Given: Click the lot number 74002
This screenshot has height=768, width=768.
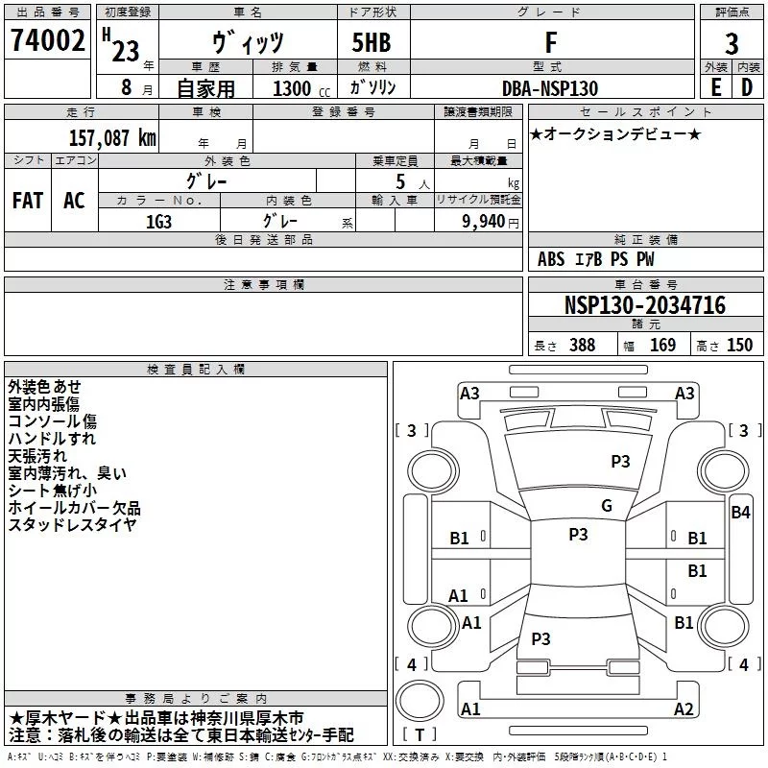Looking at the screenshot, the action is pyautogui.click(x=47, y=40).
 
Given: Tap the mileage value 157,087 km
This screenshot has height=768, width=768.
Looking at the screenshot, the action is pyautogui.click(x=112, y=138).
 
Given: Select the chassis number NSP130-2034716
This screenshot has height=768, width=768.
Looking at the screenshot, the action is pyautogui.click(x=644, y=305).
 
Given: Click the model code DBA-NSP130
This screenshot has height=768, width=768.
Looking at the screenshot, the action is pyautogui.click(x=550, y=88).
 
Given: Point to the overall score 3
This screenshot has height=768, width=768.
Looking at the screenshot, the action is pyautogui.click(x=732, y=43).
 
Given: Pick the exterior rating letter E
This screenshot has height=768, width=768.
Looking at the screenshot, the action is pyautogui.click(x=715, y=87).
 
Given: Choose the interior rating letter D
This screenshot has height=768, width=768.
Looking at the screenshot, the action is pyautogui.click(x=747, y=87).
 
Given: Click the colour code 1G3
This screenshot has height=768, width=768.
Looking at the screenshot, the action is pyautogui.click(x=158, y=222).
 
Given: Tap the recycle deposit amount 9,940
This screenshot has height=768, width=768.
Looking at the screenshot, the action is pyautogui.click(x=484, y=222).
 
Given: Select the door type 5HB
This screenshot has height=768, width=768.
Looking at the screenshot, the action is pyautogui.click(x=372, y=42).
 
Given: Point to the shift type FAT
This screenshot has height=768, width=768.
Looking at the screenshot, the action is pyautogui.click(x=28, y=201).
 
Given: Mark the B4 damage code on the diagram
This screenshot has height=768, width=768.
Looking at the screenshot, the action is pyautogui.click(x=740, y=513).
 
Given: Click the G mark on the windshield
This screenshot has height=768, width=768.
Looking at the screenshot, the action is pyautogui.click(x=607, y=506).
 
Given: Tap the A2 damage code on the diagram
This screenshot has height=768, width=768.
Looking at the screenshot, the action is pyautogui.click(x=684, y=709).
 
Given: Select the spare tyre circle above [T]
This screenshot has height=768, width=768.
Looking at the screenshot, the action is pyautogui.click(x=420, y=700).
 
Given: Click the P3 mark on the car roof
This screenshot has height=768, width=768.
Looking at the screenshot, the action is pyautogui.click(x=578, y=535).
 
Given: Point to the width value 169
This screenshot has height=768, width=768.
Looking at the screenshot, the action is pyautogui.click(x=662, y=345).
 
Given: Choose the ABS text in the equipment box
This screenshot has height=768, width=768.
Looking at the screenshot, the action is pyautogui.click(x=551, y=259).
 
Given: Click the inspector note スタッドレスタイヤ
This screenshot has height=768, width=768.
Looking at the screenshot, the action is pyautogui.click(x=72, y=524).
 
